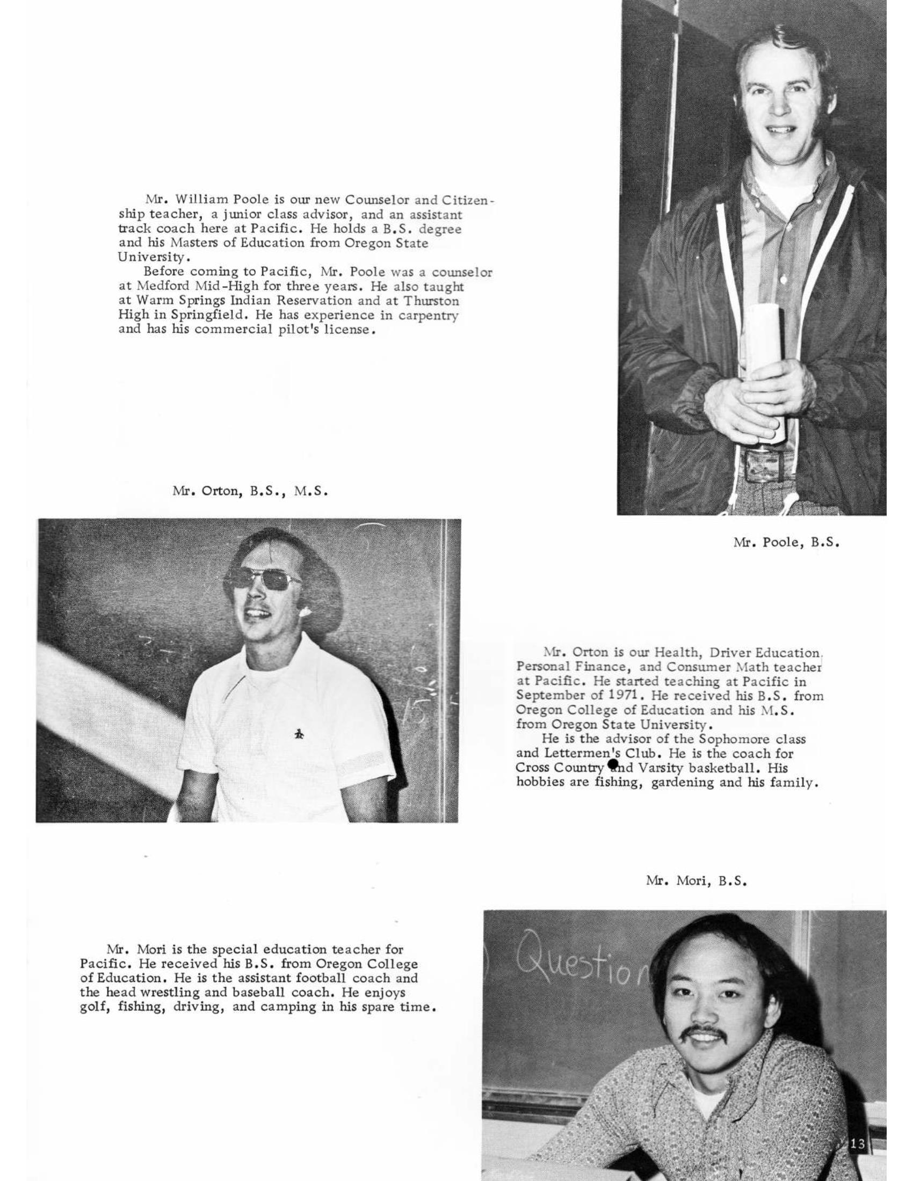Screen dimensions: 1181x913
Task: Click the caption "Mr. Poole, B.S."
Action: [786, 543]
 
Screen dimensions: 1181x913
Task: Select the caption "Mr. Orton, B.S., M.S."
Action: [250, 492]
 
